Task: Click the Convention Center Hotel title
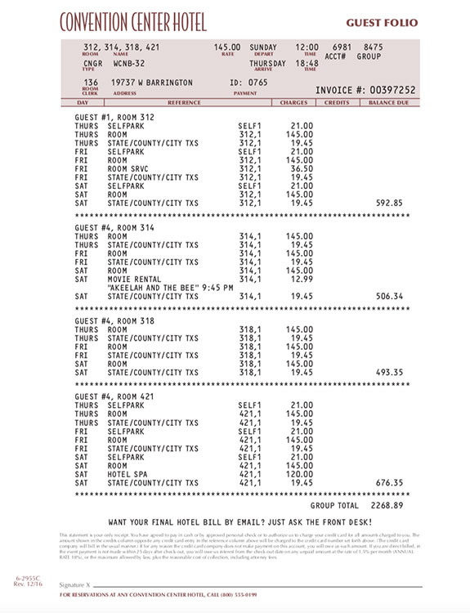coord(132,22)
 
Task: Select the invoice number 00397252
coord(391,90)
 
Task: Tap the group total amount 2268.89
coord(384,506)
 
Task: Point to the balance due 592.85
coord(387,203)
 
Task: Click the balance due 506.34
coord(387,296)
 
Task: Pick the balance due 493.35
coord(387,373)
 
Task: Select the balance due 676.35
coord(387,483)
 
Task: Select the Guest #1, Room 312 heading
coord(114,118)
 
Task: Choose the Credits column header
coord(336,103)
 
